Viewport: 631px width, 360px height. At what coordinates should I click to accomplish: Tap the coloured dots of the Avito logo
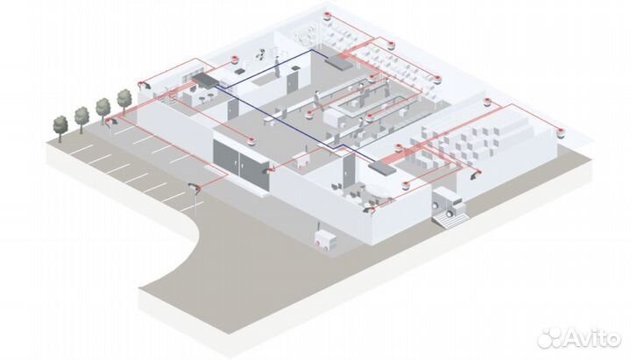[549, 336]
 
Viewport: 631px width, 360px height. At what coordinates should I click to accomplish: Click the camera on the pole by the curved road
[194, 187]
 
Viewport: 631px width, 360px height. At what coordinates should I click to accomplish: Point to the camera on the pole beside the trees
[110, 124]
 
